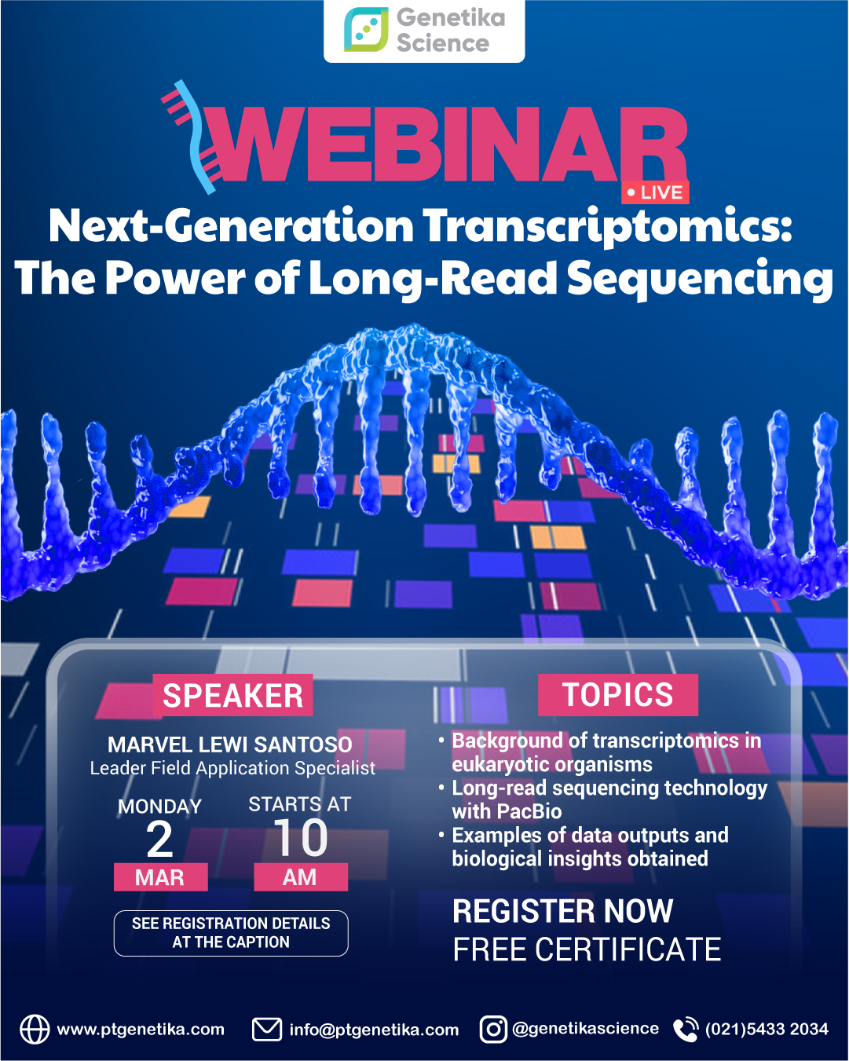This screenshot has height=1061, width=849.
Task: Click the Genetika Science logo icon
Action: coord(366,30)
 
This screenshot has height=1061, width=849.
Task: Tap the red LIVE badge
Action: coord(655,192)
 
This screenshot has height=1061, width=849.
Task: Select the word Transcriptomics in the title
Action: coord(607,227)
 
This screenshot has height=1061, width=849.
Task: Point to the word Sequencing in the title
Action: coord(699,280)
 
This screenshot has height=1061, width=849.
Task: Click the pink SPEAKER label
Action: coord(232,696)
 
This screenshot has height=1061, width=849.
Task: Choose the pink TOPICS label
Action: coord(618,695)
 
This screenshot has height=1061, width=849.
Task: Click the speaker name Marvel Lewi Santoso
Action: coord(230,745)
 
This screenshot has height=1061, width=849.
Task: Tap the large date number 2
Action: coord(160,840)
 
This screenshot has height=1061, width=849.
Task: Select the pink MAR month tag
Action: coord(160,877)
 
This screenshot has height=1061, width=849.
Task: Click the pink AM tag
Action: coord(300,877)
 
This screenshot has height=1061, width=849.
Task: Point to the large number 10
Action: coord(301,838)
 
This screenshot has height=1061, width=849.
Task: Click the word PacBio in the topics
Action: coord(529,811)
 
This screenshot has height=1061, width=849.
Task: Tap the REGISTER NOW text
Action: coord(563,912)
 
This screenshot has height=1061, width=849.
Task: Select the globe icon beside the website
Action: coord(35,1029)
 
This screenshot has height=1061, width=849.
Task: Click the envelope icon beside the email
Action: coord(267,1029)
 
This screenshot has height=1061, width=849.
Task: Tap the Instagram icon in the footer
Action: coord(493,1029)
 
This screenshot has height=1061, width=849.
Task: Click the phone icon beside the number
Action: coord(686,1029)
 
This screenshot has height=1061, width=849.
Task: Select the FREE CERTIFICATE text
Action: coord(587,950)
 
